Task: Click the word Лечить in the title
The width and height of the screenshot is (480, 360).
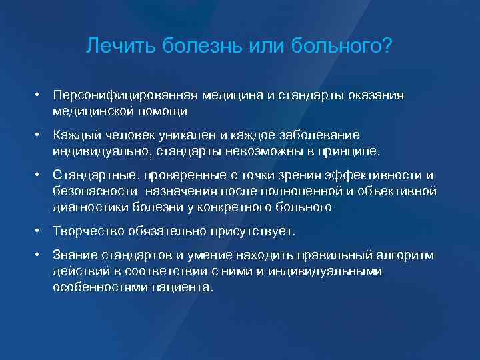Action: pyautogui.click(x=113, y=47)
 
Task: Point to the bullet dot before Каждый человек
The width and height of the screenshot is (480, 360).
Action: pyautogui.click(x=40, y=135)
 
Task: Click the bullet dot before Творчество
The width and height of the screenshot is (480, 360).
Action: pyautogui.click(x=40, y=231)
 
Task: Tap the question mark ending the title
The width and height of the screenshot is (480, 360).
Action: pyautogui.click(x=387, y=47)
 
